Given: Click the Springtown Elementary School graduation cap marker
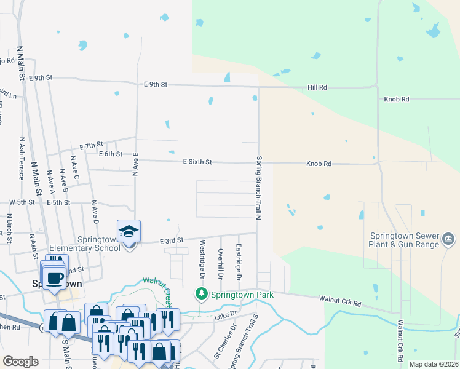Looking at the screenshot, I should [129, 232].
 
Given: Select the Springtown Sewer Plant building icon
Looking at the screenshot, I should [448, 238].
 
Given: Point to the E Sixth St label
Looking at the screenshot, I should [197, 162].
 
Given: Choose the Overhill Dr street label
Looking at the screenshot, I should [221, 261].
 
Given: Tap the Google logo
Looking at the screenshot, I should [20, 362].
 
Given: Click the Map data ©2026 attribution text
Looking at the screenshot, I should [434, 364].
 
